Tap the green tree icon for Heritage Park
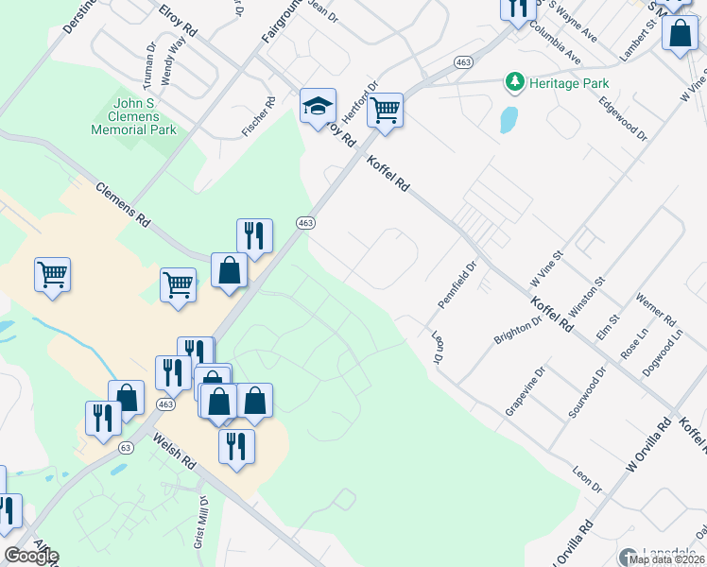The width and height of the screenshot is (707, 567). [514, 83]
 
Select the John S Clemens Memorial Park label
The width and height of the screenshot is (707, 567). [133, 116]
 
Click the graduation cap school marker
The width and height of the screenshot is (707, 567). [319, 106]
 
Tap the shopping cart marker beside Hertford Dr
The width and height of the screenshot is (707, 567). [385, 110]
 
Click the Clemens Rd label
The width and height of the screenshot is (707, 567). [123, 203]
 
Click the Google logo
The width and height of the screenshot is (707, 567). [31, 556]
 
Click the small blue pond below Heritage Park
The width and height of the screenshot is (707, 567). [509, 119]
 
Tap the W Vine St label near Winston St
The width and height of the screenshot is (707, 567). [546, 269]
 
